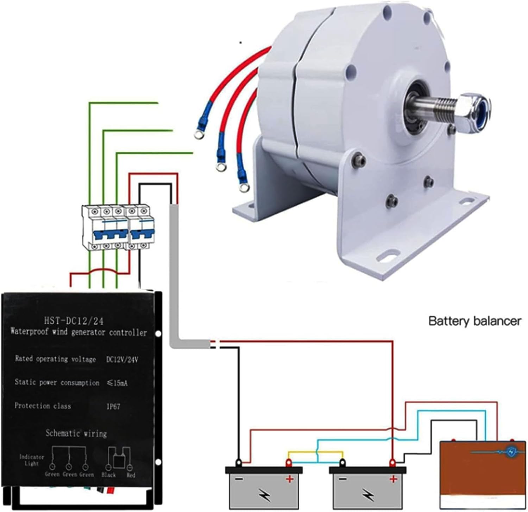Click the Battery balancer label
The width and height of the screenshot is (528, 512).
point(474,321)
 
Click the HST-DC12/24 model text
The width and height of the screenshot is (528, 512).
point(74,320)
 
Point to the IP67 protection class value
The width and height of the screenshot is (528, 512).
point(113,407)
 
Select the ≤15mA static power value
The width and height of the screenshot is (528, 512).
point(117,383)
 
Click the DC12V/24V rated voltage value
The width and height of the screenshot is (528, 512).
point(122,359)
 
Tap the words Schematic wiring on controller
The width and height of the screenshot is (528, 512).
point(76,433)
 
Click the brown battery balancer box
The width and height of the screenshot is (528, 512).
point(483,474)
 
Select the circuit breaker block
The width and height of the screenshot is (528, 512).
point(118,228)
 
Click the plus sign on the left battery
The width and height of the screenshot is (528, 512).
point(289,479)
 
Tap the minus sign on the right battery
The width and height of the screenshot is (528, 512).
point(342,479)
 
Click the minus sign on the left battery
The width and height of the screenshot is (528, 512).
point(239,479)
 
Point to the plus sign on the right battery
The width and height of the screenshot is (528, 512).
point(393,479)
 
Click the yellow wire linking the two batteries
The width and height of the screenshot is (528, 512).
point(315,452)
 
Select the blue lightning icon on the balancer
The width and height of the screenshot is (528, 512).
point(511,452)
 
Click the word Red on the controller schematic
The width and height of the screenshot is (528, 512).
point(131,475)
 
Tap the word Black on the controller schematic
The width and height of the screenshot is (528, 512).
point(108,475)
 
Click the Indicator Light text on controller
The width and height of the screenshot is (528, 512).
point(31,460)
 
